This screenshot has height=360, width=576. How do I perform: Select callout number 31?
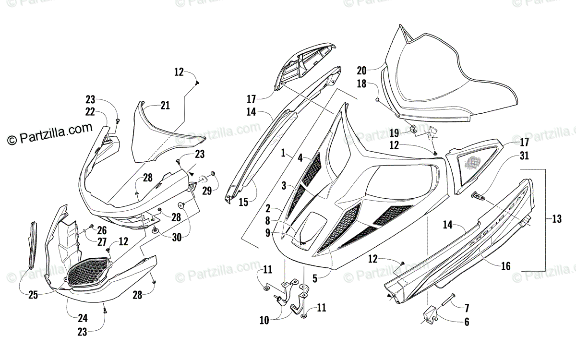524,156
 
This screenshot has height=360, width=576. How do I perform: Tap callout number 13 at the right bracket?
557,219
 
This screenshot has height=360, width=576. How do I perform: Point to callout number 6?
466,323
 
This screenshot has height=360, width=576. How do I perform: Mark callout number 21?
165,106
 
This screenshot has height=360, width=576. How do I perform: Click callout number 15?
243,202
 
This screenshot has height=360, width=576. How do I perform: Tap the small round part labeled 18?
378,99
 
